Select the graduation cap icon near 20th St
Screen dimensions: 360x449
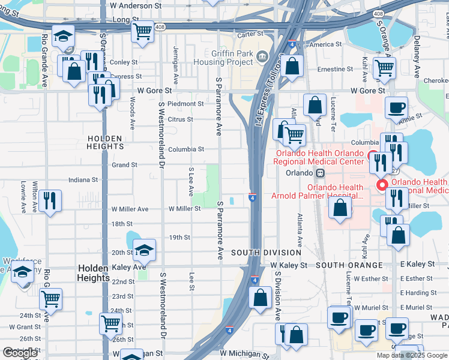click(x=144, y=248)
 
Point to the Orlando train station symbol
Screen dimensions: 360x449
click(x=321, y=173)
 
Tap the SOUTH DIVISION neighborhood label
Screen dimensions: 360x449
click(x=267, y=253)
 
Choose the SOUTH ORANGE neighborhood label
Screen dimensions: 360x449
click(x=349, y=265)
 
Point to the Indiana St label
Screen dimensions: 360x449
click(x=83, y=179)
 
